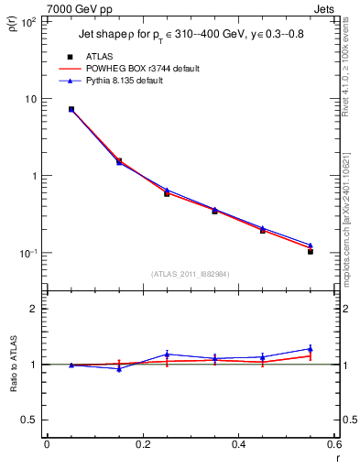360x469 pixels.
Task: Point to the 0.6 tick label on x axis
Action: (334, 444)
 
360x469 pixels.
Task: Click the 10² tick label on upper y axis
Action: (27, 22)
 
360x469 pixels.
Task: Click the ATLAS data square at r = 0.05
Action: (71, 109)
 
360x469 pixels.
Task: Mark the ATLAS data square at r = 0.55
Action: (311, 251)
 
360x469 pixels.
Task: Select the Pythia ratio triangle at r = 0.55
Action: (311, 348)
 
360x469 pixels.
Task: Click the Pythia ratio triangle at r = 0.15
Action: (119, 368)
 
